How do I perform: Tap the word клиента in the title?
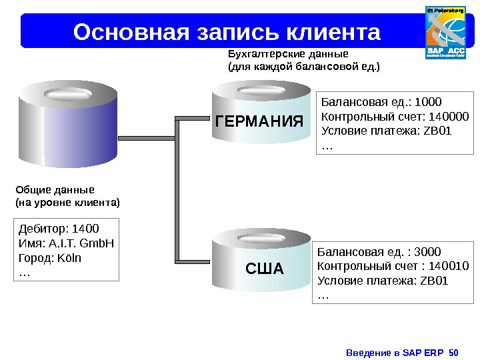[x=333, y=31]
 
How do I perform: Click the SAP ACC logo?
[x=445, y=32]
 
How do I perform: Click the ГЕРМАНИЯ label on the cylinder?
[x=260, y=122]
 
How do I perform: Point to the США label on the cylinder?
[x=265, y=269]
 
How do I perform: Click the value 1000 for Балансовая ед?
[x=428, y=102]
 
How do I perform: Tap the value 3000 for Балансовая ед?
[x=427, y=252]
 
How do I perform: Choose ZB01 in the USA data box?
[x=435, y=280]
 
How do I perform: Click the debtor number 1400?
[x=85, y=229]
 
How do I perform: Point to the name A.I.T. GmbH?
[x=79, y=243]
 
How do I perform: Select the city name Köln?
[x=68, y=257]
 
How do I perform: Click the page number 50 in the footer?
[x=455, y=351]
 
